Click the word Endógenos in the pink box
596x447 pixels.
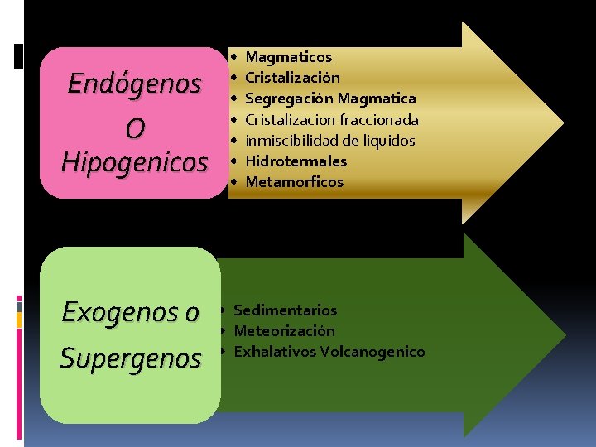[x=134, y=84]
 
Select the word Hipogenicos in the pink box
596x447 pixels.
[x=134, y=162]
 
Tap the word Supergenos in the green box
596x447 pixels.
[x=131, y=358]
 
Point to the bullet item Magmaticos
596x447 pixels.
[x=289, y=57]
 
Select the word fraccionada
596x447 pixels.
[x=379, y=120]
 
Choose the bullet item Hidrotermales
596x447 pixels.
[x=296, y=161]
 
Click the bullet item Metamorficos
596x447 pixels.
[x=294, y=182]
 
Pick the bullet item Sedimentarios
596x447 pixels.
[x=286, y=310]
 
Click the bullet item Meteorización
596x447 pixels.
[x=285, y=331]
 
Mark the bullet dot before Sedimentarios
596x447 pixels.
[x=223, y=311]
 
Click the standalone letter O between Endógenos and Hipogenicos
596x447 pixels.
[x=134, y=128]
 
